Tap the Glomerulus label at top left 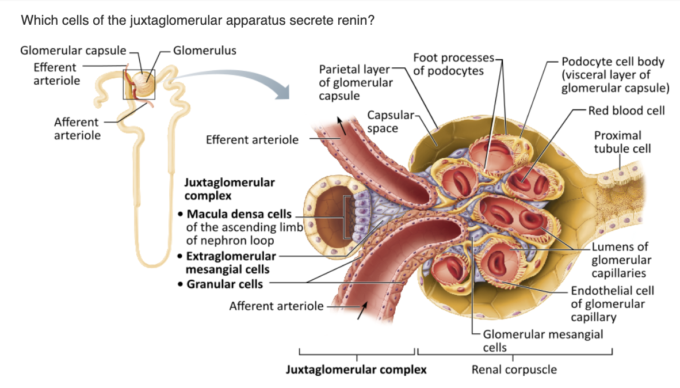click(x=204, y=50)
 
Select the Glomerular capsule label click(x=73, y=50)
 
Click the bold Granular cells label click(x=224, y=284)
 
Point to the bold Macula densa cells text click(x=239, y=214)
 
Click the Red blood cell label click(x=626, y=110)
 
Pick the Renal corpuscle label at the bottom click(x=514, y=369)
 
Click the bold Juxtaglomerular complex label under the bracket click(x=356, y=369)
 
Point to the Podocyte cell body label click(x=613, y=74)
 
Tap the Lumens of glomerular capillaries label click(x=620, y=260)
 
